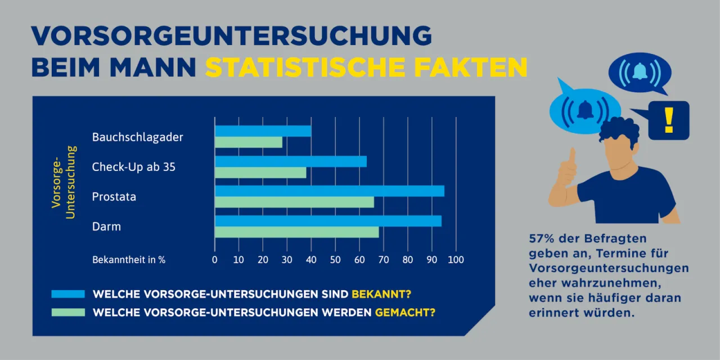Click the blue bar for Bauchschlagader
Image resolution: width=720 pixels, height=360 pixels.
[x=263, y=131]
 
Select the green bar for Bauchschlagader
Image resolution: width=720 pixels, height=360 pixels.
[x=248, y=142]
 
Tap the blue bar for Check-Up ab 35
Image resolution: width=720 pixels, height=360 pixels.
[x=290, y=161]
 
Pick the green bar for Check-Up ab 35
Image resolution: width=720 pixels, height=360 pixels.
[x=260, y=173]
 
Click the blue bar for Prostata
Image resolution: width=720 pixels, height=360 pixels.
[x=329, y=191]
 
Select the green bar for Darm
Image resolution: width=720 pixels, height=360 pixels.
[x=296, y=232]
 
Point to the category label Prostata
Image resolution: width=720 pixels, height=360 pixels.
[x=114, y=197]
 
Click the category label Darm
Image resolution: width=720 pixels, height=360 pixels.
[x=107, y=227]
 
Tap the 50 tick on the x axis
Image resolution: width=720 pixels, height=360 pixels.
[x=335, y=260]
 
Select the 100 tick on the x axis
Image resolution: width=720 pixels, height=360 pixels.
[x=456, y=260]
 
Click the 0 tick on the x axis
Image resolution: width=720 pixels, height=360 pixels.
[x=215, y=260]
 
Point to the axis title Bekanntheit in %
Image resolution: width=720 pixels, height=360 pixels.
[x=129, y=260]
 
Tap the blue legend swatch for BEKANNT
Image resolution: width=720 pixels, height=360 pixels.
[x=67, y=294]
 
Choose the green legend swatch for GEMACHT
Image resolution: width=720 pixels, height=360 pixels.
[x=67, y=312]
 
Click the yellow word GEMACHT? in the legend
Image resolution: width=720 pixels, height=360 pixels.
[x=405, y=312]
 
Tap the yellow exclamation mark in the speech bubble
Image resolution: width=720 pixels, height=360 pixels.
[x=668, y=120]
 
